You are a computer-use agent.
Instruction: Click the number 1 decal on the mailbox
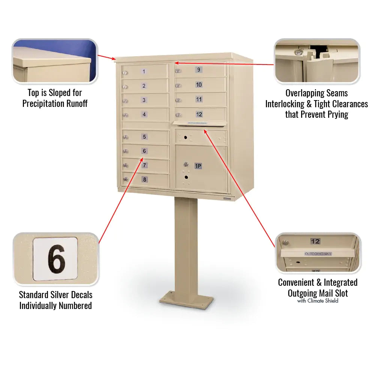click(x=144, y=71)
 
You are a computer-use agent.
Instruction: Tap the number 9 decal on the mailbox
click(x=198, y=69)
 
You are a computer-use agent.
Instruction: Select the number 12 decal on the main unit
click(x=199, y=114)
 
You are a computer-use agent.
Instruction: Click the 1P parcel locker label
click(x=198, y=165)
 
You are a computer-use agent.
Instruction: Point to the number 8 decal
click(x=144, y=180)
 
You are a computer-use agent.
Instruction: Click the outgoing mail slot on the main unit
click(x=199, y=123)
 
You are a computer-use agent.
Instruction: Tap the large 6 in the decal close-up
click(x=56, y=259)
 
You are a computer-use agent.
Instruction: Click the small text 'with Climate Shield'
click(x=318, y=301)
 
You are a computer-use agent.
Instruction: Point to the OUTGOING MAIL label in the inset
click(x=318, y=254)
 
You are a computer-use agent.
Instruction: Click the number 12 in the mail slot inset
click(x=315, y=241)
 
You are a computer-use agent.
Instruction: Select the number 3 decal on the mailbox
click(x=144, y=100)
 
